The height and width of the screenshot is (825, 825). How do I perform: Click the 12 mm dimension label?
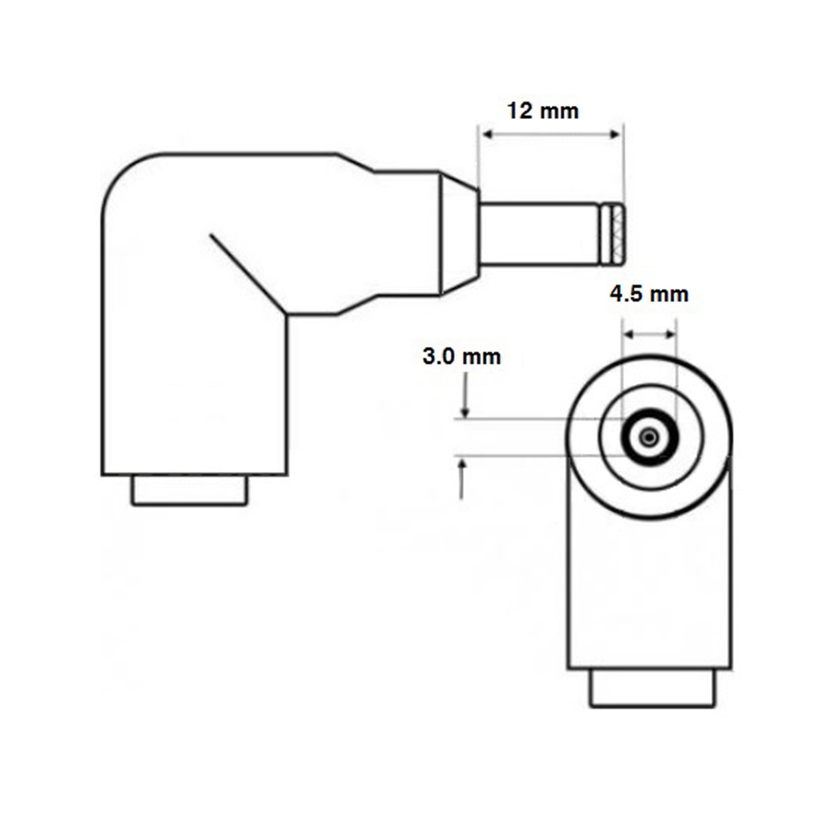(x=543, y=111)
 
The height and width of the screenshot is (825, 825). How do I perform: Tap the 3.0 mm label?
(x=461, y=357)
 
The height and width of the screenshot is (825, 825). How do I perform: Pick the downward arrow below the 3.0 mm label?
(x=466, y=396)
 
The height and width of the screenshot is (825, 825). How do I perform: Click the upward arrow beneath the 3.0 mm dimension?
(x=462, y=478)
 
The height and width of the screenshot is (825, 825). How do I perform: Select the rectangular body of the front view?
(x=650, y=594)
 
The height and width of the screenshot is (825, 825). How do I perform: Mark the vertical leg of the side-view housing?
(x=194, y=388)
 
